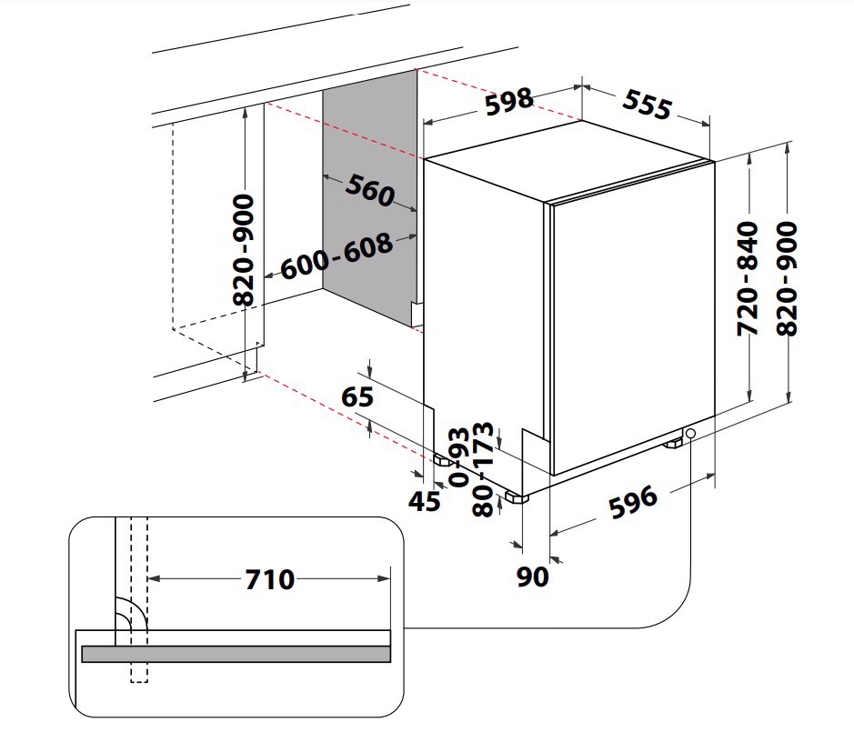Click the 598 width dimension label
[x=508, y=101]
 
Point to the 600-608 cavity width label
[x=337, y=257]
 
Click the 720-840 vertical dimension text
[x=748, y=278]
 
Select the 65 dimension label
[x=357, y=397]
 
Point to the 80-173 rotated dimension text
[x=484, y=470]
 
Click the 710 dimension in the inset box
[x=269, y=578]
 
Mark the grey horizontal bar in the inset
[x=236, y=654]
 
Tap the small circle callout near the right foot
[x=690, y=434]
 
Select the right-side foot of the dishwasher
[x=674, y=444]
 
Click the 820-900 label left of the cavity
[x=243, y=249]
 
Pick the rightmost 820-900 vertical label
[x=787, y=278]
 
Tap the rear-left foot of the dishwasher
[x=443, y=461]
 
